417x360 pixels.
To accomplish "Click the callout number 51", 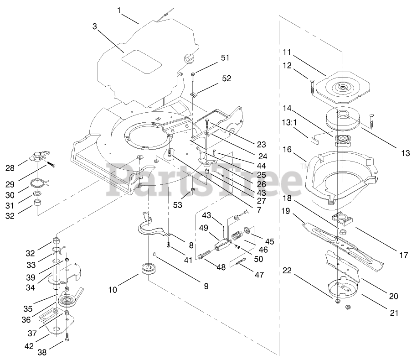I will tap(225, 58).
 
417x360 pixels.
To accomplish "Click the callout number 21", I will tap(393, 313).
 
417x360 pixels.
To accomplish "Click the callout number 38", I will tap(42, 352).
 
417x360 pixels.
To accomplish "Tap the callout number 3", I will tap(94, 26).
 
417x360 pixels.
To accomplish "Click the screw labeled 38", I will tap(67, 338).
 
